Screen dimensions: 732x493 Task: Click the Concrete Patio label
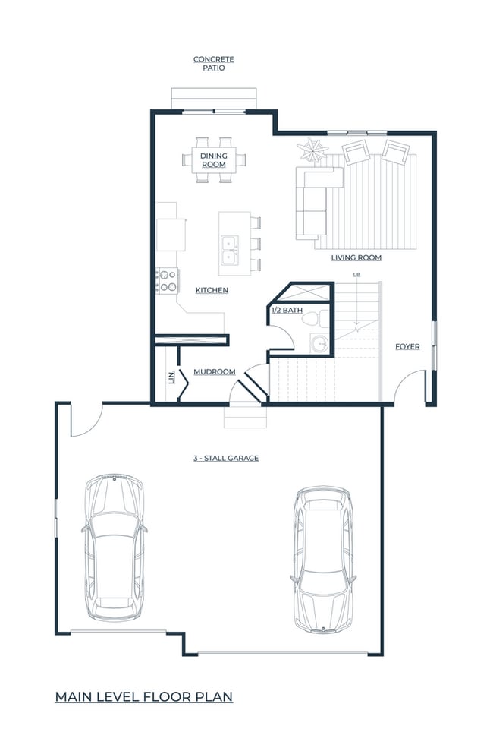[213, 63]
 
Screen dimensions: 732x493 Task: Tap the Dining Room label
[214, 159]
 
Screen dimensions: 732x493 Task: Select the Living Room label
[356, 258]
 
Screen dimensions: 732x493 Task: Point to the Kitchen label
[212, 290]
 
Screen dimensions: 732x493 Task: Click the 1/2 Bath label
[287, 310]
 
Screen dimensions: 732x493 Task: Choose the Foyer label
[407, 346]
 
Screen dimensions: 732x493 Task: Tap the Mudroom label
[214, 371]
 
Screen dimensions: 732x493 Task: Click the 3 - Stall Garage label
[225, 458]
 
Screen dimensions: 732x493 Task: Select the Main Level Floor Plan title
[143, 696]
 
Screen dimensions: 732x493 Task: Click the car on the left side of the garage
[113, 546]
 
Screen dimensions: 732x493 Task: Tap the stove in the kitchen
[167, 281]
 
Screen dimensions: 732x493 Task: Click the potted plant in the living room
[312, 148]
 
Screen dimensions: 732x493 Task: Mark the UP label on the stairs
[355, 274]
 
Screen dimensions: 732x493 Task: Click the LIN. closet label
[171, 376]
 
